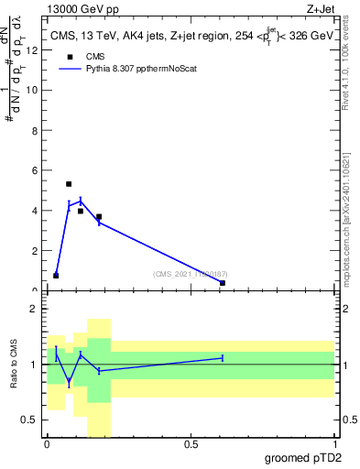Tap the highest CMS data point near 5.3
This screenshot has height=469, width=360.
69,184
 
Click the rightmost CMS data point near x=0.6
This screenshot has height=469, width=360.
223,283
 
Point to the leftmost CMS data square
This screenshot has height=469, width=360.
56,275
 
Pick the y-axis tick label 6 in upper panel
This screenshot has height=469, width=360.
36,170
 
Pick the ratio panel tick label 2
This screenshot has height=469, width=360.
36,309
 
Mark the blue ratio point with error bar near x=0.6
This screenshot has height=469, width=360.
223,358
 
